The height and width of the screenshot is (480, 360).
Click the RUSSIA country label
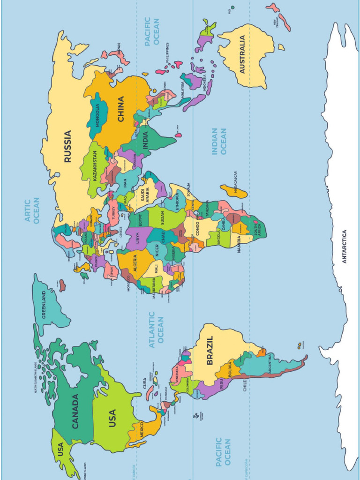point(68,146)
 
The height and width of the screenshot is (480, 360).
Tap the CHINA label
point(121,109)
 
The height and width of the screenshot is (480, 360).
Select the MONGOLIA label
point(97,115)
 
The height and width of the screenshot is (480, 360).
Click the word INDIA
point(145,140)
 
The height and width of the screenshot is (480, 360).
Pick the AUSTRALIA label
point(242,55)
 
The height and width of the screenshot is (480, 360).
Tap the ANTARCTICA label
point(345,246)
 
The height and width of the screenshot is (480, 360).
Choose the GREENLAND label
point(44,305)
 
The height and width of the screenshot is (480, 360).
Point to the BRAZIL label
point(210,350)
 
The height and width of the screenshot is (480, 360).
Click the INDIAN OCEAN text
point(219,141)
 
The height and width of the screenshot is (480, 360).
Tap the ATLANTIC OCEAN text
point(157,330)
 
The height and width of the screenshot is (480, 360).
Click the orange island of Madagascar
point(234,191)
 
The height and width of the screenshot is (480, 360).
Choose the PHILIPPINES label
point(167,53)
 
